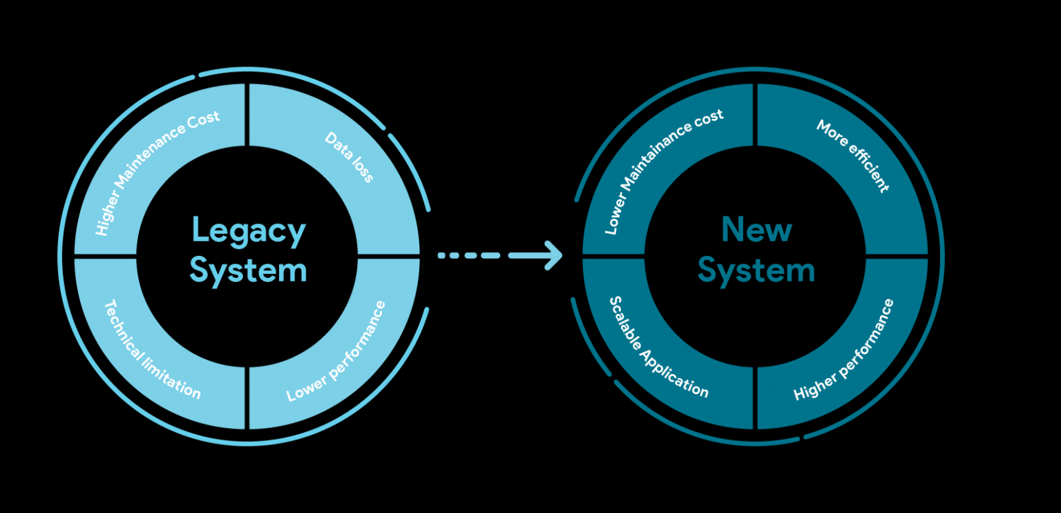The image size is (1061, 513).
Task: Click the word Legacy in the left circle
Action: (x=248, y=231)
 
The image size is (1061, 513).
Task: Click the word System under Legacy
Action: (x=248, y=270)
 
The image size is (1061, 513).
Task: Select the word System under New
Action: (x=756, y=270)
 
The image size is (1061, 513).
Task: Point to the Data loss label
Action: (x=350, y=158)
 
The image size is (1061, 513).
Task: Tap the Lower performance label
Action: (x=336, y=351)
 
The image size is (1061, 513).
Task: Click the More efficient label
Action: (x=852, y=156)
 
